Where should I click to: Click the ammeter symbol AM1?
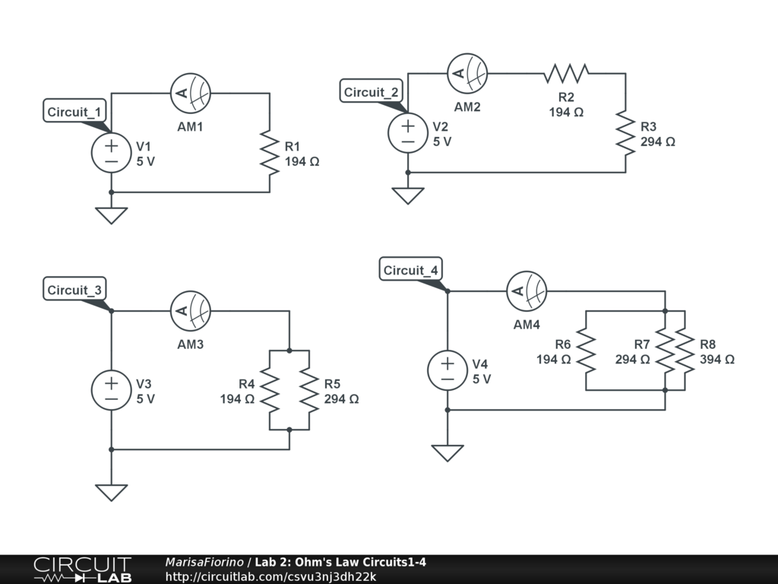(x=190, y=94)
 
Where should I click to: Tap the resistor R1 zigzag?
(x=270, y=153)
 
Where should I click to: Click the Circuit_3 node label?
(x=74, y=290)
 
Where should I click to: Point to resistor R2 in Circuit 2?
(x=566, y=74)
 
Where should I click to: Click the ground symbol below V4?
(x=448, y=452)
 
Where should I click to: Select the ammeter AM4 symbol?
(x=527, y=291)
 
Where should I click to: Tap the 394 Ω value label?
(x=716, y=359)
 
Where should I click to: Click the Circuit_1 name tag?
(x=74, y=112)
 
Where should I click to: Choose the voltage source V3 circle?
(x=112, y=390)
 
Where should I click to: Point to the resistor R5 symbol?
(x=309, y=390)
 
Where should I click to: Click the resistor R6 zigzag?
(x=586, y=351)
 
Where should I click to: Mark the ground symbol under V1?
(x=112, y=215)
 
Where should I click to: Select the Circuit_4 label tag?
(x=410, y=270)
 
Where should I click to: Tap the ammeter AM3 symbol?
(x=190, y=311)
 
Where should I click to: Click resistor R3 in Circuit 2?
(x=625, y=133)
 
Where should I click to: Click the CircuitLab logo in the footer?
(x=81, y=570)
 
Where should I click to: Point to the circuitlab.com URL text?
(x=270, y=576)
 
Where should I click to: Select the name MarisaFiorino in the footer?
(x=204, y=563)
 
